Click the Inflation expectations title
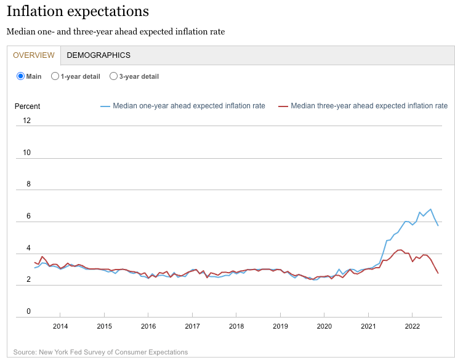click(78, 11)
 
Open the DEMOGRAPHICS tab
click(99, 55)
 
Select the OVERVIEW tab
click(34, 55)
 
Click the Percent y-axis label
click(27, 106)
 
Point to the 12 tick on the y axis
click(26, 121)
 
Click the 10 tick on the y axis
click(26, 153)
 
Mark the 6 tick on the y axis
click(28, 217)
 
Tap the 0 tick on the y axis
click(28, 311)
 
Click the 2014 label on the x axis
click(60, 326)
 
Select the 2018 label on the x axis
click(236, 326)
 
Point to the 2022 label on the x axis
click(412, 326)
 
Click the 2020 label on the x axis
click(324, 326)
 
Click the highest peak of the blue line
click(430, 209)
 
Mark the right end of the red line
click(438, 273)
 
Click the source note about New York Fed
click(100, 352)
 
